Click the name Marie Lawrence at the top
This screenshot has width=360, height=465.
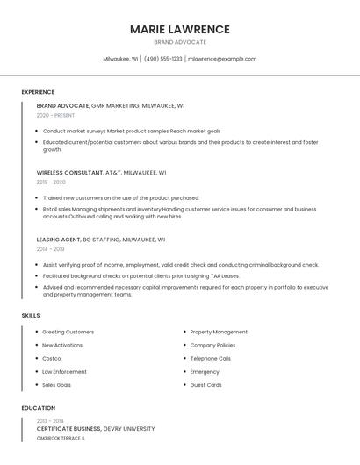179,29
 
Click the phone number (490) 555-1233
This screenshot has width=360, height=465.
162,59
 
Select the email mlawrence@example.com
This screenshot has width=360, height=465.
222,59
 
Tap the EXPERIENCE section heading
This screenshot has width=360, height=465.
38,92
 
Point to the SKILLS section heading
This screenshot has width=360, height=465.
31,315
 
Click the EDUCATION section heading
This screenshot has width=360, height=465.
39,408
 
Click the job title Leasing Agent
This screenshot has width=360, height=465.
58,240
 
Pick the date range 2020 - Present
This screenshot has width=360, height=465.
55,115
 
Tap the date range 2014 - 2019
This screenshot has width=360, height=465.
50,248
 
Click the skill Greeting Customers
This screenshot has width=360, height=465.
68,332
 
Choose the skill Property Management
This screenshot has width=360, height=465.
219,332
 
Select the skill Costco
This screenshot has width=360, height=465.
52,358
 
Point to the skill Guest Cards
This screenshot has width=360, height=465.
205,384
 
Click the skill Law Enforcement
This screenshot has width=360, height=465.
64,371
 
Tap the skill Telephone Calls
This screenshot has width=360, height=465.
211,358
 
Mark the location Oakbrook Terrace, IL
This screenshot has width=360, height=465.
61,438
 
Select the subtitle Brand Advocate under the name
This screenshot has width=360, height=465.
179,42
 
